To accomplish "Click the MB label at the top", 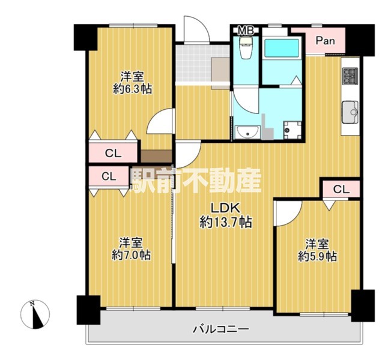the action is (x=246, y=31).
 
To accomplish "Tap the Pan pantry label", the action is (x=325, y=41).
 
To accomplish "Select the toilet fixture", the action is (x=246, y=48).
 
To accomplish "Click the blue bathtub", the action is (x=282, y=48).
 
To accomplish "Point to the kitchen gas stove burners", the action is (x=350, y=76).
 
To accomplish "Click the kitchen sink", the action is (x=350, y=112).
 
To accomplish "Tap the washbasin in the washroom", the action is (x=247, y=132).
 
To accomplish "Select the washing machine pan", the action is (x=292, y=130).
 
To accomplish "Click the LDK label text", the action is (x=226, y=208).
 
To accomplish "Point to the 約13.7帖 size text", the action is (x=226, y=222).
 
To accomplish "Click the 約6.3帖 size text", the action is (x=132, y=89).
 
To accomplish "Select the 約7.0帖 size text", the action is (x=131, y=255).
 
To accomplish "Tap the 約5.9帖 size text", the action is (x=318, y=256).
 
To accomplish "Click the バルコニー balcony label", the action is (x=221, y=329).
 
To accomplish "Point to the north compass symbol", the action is (x=35, y=314).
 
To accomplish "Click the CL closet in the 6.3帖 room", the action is (x=113, y=153).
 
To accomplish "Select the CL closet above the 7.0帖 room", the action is (x=109, y=176).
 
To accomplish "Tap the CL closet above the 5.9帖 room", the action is (x=341, y=190).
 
